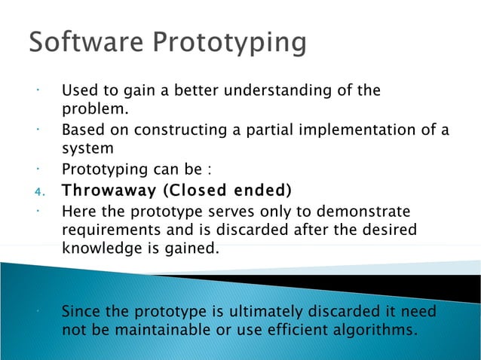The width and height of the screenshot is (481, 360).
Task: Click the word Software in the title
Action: pyautogui.click(x=81, y=42)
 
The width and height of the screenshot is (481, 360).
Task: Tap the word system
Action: pyautogui.click(x=87, y=149)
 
